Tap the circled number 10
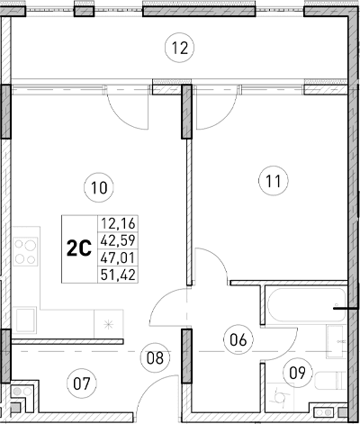[99, 188]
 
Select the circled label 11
[274, 181]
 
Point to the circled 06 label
[238, 340]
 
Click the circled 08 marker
[157, 357]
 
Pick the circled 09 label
[295, 371]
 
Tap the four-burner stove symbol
[25, 250]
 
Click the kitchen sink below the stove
[26, 317]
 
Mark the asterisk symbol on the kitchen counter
[108, 325]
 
